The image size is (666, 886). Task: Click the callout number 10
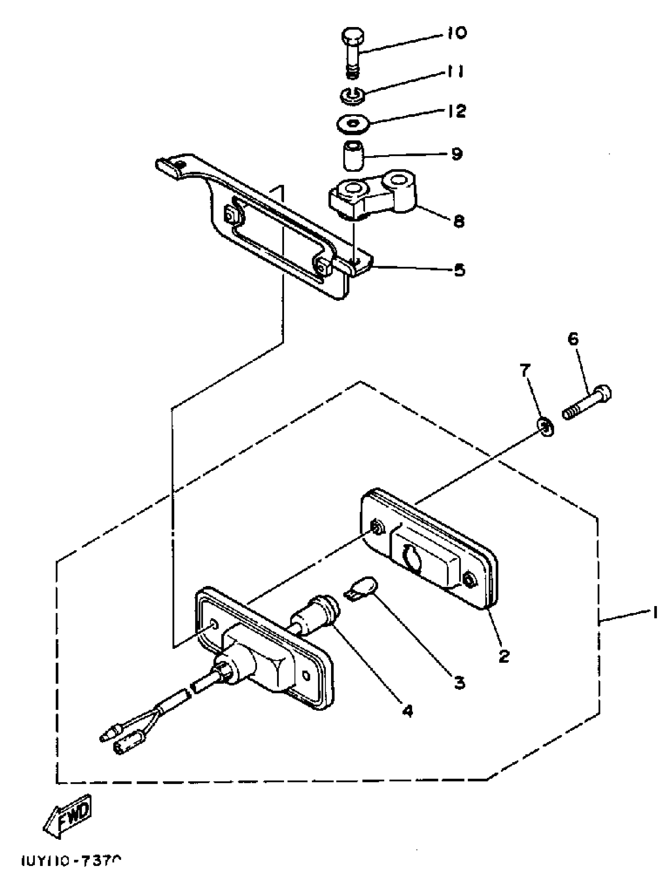[x=455, y=33]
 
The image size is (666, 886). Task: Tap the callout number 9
[x=456, y=154]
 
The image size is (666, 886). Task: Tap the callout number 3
[x=460, y=682]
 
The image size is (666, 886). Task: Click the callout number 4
[x=407, y=710]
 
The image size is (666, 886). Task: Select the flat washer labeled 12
[x=353, y=124]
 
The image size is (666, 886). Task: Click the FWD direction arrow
[x=68, y=812]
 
